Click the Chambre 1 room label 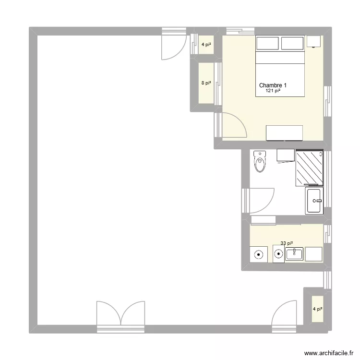273,85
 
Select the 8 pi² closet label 206,83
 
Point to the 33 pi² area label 287,244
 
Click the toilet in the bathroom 260,162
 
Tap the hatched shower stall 310,167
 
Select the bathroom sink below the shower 314,201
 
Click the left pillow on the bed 267,44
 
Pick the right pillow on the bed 292,44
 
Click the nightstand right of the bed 313,41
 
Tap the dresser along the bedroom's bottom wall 284,132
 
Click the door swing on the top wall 174,47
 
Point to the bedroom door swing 233,125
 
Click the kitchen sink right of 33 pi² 294,254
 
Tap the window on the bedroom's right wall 327,101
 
